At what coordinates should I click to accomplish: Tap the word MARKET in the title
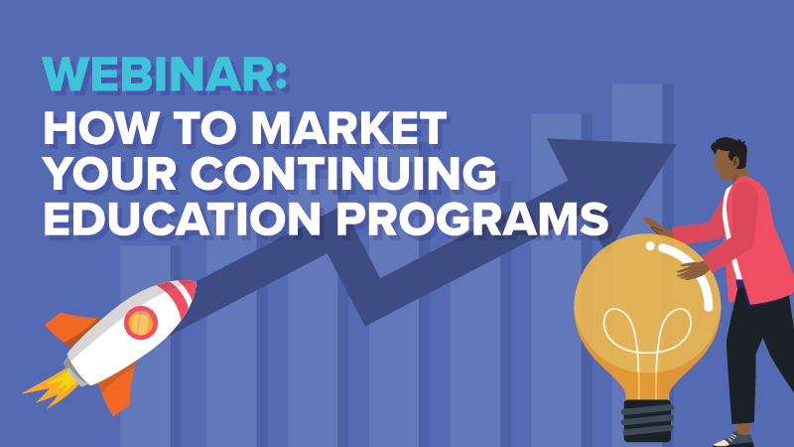(348, 129)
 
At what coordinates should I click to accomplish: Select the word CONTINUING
(342, 173)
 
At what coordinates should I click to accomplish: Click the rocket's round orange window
(140, 322)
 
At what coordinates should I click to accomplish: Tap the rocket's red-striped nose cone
(180, 295)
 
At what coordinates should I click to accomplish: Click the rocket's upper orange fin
(71, 327)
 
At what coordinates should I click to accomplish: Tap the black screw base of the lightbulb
(647, 420)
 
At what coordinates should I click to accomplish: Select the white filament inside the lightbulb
(646, 345)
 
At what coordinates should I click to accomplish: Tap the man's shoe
(733, 440)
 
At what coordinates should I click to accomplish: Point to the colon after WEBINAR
(282, 75)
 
